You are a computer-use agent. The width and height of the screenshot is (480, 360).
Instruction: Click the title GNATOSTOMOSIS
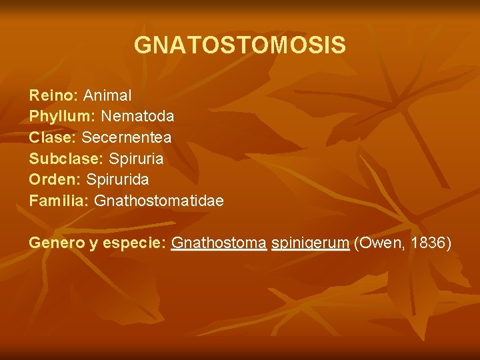click(240, 45)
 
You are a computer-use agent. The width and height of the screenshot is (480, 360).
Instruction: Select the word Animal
click(107, 96)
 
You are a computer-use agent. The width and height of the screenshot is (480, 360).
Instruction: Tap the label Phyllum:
click(62, 117)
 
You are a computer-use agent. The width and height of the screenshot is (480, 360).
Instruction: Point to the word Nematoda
click(137, 117)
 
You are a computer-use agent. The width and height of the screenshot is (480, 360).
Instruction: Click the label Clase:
click(53, 137)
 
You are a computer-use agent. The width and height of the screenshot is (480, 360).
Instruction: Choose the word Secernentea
click(127, 137)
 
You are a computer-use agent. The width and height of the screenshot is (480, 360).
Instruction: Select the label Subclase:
click(67, 159)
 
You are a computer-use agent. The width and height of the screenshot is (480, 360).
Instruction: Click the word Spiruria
click(136, 159)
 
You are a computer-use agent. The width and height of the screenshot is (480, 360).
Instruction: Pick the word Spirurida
click(118, 179)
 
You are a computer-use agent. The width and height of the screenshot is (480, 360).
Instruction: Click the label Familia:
click(59, 200)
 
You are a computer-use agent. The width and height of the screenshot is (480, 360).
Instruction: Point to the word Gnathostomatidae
click(159, 200)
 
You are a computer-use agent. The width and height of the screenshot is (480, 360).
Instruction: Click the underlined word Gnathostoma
click(219, 243)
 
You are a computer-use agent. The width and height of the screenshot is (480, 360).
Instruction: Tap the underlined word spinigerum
click(311, 243)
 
